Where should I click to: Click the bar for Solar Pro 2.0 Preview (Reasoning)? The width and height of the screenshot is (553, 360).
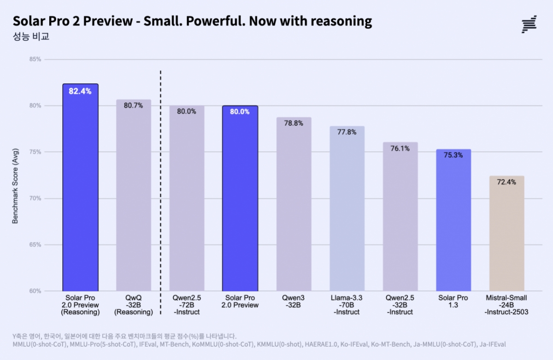pos(81,194)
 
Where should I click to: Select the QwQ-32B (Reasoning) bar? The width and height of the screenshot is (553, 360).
pos(134,198)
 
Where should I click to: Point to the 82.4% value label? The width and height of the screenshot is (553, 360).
pos(80,91)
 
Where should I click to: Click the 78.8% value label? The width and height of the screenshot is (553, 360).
pos(294,124)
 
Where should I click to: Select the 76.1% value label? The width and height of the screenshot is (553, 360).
pos(400,148)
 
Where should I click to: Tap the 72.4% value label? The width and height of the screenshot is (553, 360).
pos(506,182)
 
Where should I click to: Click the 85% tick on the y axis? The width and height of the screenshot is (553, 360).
pos(35,59)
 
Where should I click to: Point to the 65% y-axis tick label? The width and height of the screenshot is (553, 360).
pos(35,245)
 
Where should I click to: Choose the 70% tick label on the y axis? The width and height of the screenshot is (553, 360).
pos(35,199)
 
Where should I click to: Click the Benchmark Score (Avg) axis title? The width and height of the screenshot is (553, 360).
pos(15,189)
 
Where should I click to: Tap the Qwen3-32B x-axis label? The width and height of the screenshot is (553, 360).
pos(294,301)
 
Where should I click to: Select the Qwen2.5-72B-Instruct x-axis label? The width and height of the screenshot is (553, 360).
pos(187,305)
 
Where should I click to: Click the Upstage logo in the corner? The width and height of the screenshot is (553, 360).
pos(529,24)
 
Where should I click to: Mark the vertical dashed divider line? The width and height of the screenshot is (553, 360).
pos(160,184)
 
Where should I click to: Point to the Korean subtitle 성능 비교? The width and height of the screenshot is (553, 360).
pos(31,37)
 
